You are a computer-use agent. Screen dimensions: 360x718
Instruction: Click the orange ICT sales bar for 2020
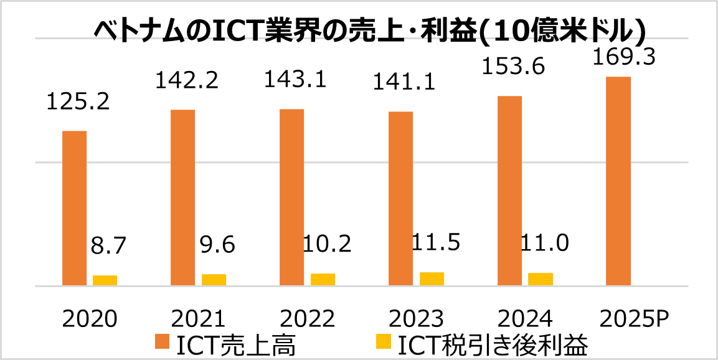(74, 208)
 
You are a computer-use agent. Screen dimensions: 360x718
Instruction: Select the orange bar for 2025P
(618, 181)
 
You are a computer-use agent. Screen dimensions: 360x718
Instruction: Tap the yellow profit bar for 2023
(432, 279)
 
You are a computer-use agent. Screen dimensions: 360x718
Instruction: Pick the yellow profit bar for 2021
(214, 280)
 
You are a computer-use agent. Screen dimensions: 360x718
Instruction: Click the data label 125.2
(78, 102)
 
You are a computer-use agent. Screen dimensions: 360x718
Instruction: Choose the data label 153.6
(515, 66)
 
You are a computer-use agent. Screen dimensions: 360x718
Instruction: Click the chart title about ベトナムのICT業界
(369, 29)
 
